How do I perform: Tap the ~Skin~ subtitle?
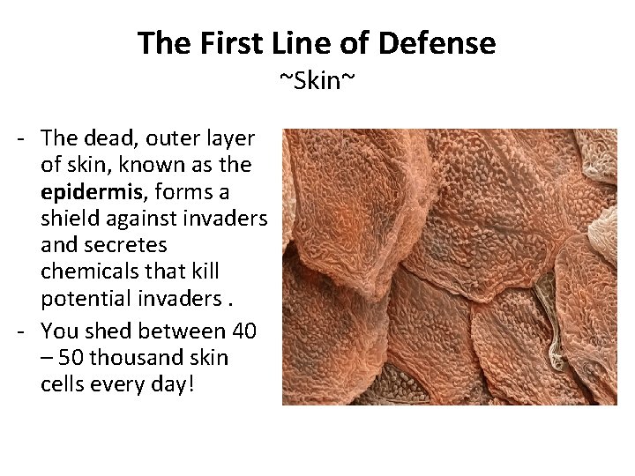pos(317,82)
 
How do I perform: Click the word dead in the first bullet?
pos(106,138)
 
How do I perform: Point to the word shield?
pos(69,219)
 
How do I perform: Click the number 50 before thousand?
pos(71,358)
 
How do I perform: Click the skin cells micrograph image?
pos(449,267)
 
